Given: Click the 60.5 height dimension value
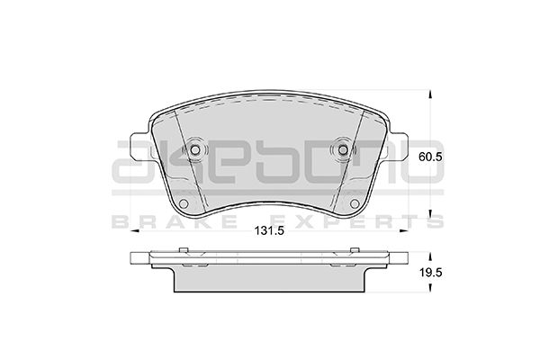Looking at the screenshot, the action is coord(430,157).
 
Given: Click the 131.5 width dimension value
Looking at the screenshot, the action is coord(269,230).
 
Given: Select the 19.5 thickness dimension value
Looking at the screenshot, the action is coord(430,273).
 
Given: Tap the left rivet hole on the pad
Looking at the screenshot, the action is coord(195,150).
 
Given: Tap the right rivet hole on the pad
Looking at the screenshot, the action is coord(343,150).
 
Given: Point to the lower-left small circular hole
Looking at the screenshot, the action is coord(184,203).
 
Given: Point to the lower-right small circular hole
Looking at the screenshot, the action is coord(355,203).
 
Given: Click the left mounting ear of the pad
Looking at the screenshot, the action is coord(139,146).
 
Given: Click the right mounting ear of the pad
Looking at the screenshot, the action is coord(398,146).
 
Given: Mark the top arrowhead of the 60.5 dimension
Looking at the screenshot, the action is coord(430,94).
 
